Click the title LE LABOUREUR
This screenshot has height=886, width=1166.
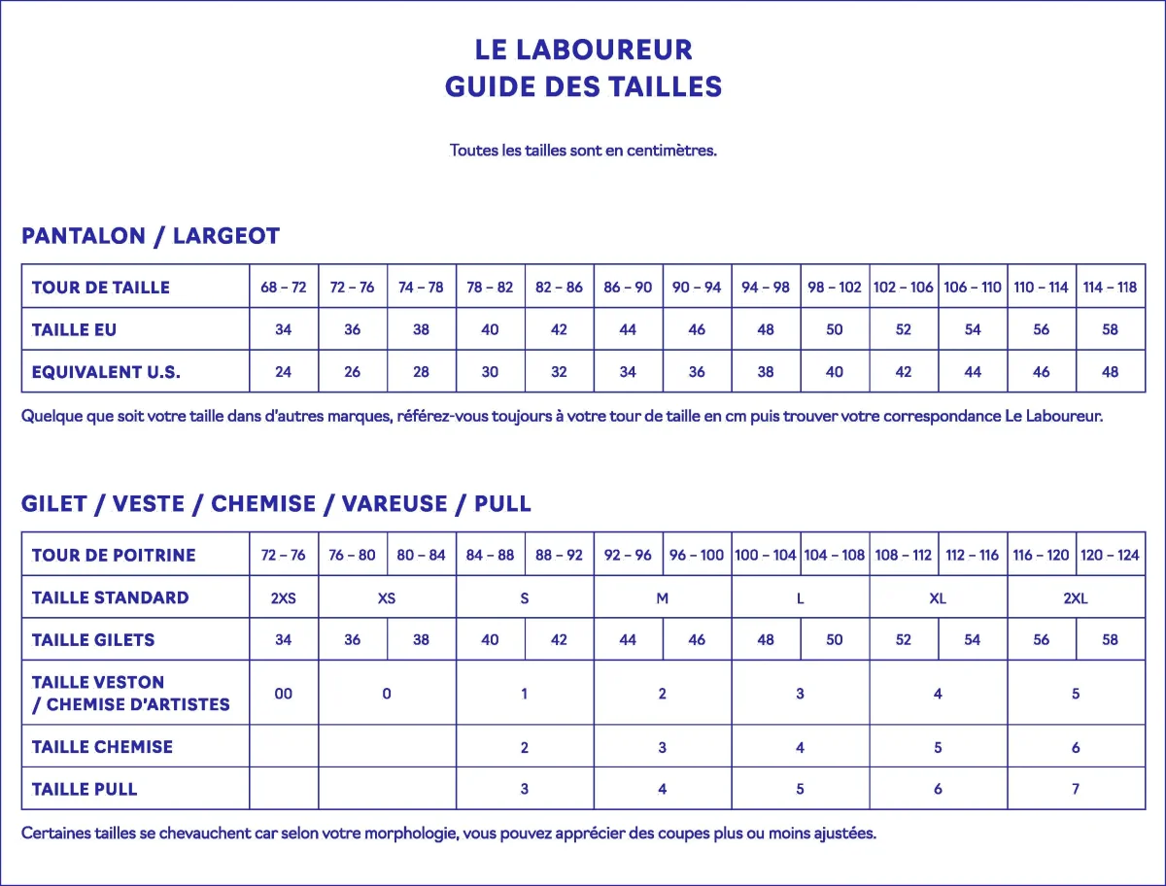(x=583, y=50)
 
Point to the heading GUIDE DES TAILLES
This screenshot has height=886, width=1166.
(x=583, y=87)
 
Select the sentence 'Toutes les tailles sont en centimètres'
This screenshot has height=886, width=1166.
(x=583, y=151)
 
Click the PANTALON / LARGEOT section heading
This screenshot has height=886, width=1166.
(x=151, y=236)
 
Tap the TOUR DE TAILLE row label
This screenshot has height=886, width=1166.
(x=101, y=288)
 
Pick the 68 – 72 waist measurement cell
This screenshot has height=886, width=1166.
(x=284, y=288)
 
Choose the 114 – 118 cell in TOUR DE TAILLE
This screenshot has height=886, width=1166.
(x=1111, y=288)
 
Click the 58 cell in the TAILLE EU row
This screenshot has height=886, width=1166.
(x=1111, y=329)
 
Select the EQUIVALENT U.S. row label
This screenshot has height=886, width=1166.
(x=106, y=371)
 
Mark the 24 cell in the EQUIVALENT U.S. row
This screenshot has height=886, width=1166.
(x=284, y=371)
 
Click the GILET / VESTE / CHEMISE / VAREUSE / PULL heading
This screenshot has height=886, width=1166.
(x=276, y=504)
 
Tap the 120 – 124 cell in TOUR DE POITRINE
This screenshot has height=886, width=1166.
(x=1111, y=555)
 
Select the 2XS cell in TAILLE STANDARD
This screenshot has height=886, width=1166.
(x=284, y=597)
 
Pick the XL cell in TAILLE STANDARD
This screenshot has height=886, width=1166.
(x=938, y=597)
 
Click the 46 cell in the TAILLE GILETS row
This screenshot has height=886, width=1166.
(x=697, y=639)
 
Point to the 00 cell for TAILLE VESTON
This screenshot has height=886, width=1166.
(x=284, y=694)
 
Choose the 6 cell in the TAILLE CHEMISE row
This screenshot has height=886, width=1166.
(x=1076, y=747)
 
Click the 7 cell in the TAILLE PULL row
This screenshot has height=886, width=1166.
(x=1076, y=789)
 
